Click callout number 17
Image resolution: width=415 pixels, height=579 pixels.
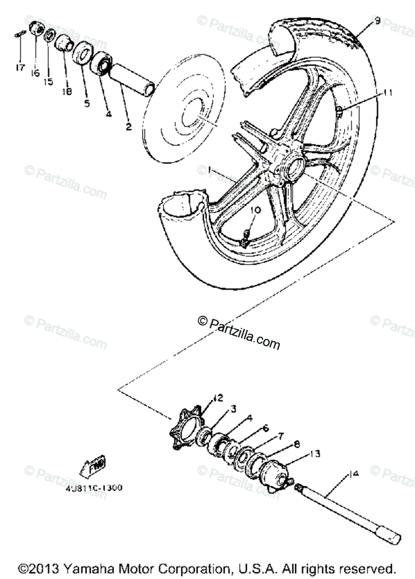click(20, 68)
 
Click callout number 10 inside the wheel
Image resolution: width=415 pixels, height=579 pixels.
click(256, 210)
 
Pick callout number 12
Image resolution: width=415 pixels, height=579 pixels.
click(218, 398)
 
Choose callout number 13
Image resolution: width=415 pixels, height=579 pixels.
click(315, 454)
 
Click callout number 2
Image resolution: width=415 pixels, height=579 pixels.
click(129, 127)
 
